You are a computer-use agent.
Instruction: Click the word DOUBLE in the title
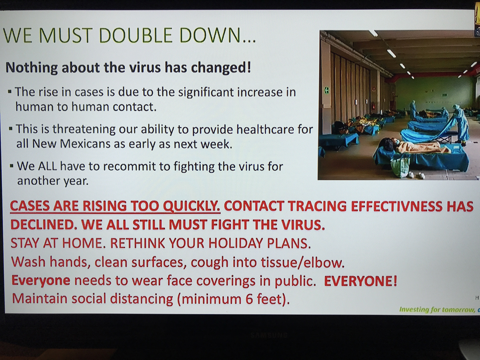tap(136, 36)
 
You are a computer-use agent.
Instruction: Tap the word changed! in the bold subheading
tap(221, 67)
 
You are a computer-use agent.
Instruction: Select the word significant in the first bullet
tap(205, 92)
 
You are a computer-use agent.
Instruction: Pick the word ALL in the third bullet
tap(48, 166)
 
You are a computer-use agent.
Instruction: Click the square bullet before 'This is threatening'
tap(10, 128)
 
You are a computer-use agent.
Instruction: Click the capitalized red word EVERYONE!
tap(360, 281)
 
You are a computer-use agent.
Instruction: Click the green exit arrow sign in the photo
tap(327, 90)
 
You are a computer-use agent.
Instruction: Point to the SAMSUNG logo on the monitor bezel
tap(269, 335)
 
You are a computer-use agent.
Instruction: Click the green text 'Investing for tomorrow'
tap(437, 310)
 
